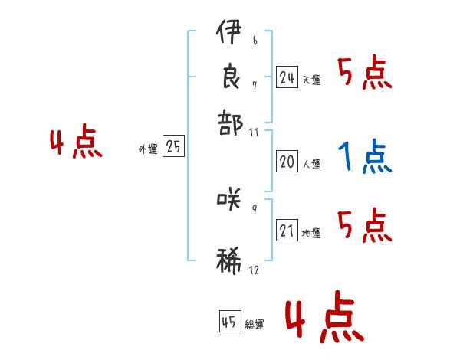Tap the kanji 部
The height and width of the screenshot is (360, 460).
pyautogui.click(x=229, y=122)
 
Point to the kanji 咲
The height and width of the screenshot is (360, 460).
pyautogui.click(x=229, y=200)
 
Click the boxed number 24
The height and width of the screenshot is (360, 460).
pyautogui.click(x=287, y=77)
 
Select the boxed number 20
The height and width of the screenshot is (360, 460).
pyautogui.click(x=287, y=162)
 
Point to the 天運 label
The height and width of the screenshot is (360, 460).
pyautogui.click(x=311, y=80)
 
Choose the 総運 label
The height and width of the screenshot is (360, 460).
pyautogui.click(x=254, y=325)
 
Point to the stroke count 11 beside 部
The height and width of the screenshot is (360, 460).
pyautogui.click(x=254, y=132)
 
